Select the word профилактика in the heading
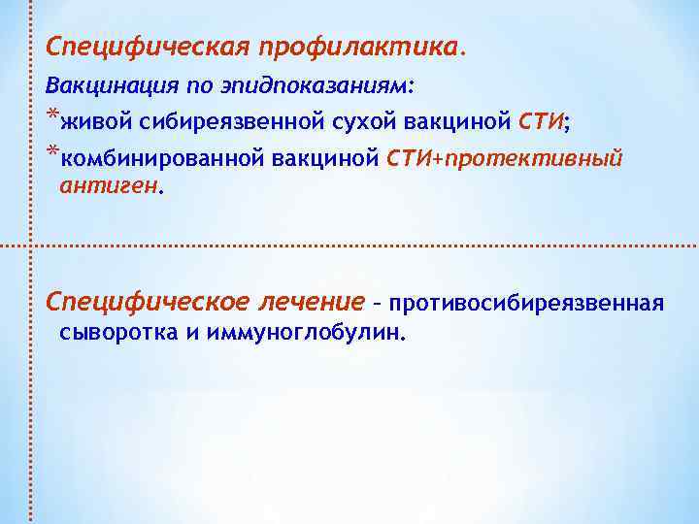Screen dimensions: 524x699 coord(359,47)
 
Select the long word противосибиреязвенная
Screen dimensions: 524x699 coord(526,305)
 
